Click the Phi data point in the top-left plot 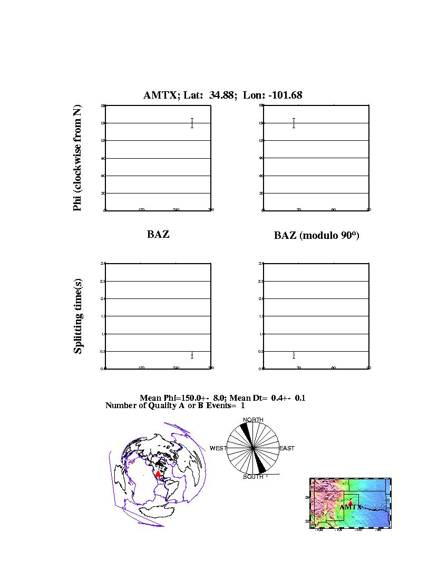pos(192,123)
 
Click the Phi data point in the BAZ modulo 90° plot pos(294,123)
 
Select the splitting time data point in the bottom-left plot pos(192,355)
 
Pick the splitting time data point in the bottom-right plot pos(294,355)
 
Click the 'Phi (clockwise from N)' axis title pos(77,158)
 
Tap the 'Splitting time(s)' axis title pos(78,316)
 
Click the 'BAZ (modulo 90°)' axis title pos(316,236)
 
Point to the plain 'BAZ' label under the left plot pos(158,235)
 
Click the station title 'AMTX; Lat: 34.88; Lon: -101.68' pos(222,95)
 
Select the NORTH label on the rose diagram pos(253,420)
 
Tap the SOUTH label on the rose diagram pos(253,477)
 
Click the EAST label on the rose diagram pos(287,448)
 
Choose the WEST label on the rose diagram pos(218,448)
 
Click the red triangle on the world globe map pos(158,475)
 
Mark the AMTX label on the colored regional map pos(350,507)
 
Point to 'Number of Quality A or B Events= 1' pos(175,405)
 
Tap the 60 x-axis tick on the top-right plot pos(334,210)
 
